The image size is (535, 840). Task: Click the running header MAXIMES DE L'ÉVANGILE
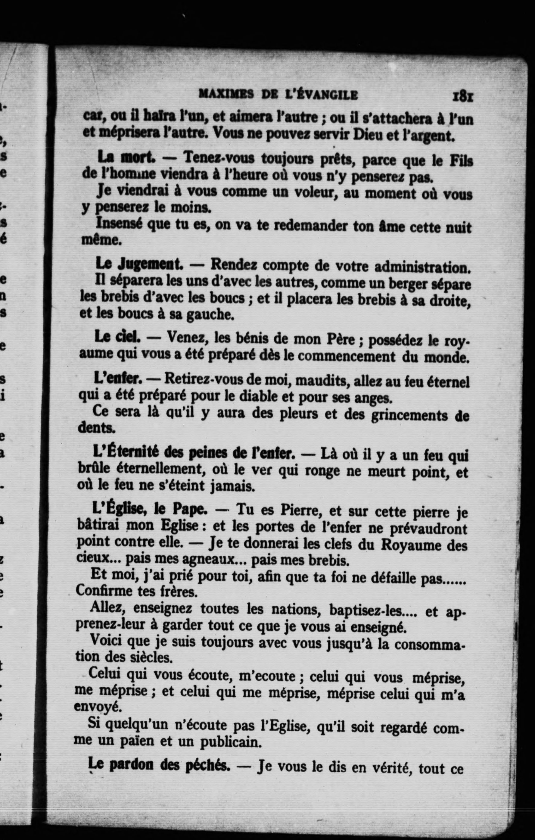point(278,95)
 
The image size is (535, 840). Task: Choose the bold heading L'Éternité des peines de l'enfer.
point(194,452)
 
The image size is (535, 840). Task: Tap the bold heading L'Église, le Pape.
point(150,510)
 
